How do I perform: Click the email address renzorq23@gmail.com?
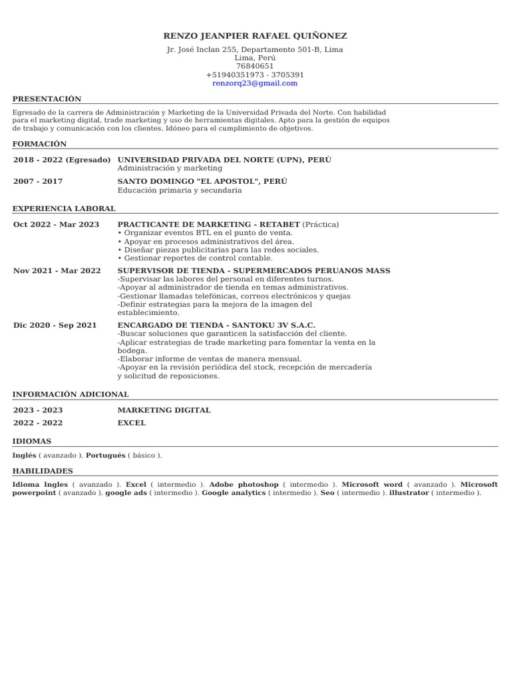click(x=255, y=83)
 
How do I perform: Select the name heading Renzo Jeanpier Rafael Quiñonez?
click(x=255, y=36)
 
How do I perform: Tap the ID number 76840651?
click(x=255, y=66)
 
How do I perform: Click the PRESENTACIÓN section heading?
click(x=47, y=99)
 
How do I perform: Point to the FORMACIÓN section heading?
click(x=39, y=144)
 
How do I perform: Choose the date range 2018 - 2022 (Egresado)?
click(x=62, y=160)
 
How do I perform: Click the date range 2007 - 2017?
click(x=38, y=181)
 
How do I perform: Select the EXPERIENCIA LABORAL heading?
click(x=64, y=208)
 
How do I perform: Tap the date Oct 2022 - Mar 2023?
click(x=56, y=224)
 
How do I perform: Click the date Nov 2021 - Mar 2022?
click(x=57, y=270)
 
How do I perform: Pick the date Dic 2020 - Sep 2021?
click(x=55, y=325)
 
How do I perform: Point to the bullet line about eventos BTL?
click(x=205, y=233)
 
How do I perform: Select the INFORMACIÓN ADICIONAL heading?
click(x=71, y=394)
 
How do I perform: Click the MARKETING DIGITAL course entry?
click(x=164, y=410)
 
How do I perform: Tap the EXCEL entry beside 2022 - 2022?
click(x=132, y=423)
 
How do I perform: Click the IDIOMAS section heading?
click(x=32, y=441)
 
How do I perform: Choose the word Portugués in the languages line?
click(x=106, y=456)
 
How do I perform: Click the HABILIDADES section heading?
click(x=43, y=471)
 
